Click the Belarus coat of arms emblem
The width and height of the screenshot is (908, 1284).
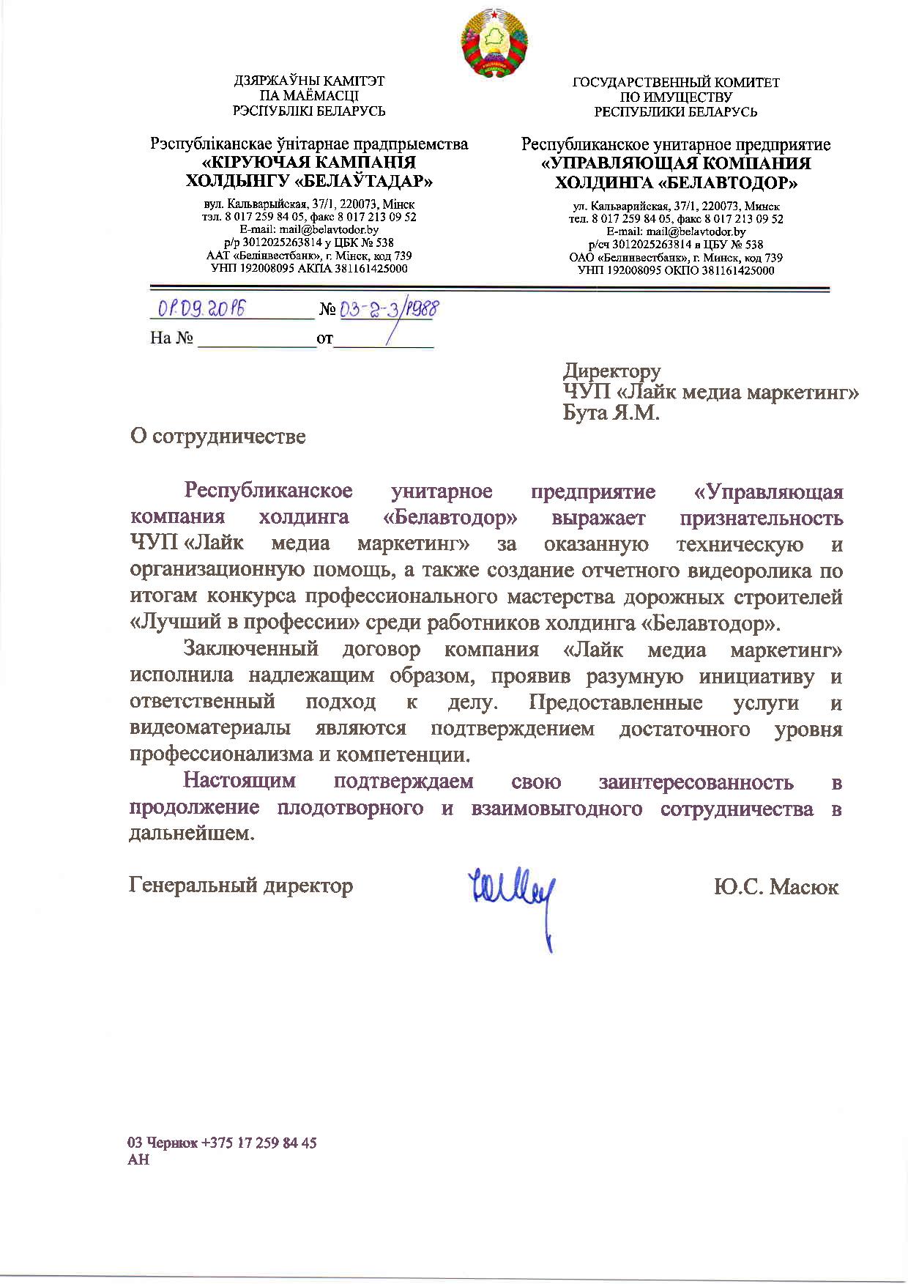click(x=494, y=41)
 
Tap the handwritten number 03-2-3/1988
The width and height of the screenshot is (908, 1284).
click(x=389, y=309)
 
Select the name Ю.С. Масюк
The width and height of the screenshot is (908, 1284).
click(x=776, y=887)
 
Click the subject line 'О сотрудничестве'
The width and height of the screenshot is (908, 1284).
click(x=217, y=437)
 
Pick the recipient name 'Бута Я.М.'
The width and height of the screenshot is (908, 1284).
click(x=611, y=413)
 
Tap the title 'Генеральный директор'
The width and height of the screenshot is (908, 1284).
click(x=241, y=886)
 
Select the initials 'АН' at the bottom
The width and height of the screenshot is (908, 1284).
click(x=138, y=1159)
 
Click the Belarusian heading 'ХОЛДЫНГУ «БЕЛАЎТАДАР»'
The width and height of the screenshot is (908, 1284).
click(x=308, y=180)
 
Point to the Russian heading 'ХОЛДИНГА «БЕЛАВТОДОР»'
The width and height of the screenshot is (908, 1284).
click(x=676, y=182)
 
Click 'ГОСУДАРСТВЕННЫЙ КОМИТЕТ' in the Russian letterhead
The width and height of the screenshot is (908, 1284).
click(x=675, y=83)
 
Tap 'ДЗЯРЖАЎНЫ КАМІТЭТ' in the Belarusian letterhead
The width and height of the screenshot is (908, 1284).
click(x=308, y=81)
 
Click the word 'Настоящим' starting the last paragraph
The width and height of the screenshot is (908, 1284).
click(x=239, y=780)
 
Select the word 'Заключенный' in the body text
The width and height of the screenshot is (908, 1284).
click(x=250, y=648)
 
